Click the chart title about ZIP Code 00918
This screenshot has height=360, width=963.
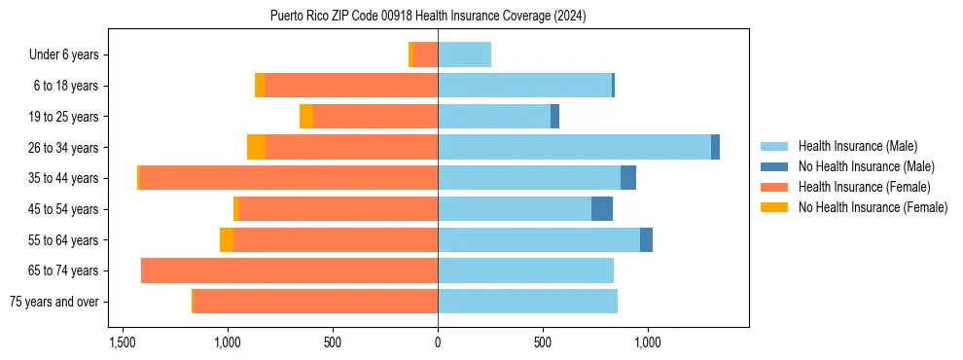click(428, 16)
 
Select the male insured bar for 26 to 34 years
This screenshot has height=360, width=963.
click(574, 147)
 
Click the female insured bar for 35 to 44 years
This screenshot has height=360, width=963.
click(288, 178)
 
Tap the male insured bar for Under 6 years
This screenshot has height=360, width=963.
click(464, 54)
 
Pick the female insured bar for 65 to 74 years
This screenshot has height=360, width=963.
click(289, 270)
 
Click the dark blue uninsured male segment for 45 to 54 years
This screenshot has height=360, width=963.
click(602, 209)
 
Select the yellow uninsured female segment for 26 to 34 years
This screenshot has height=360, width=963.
click(256, 147)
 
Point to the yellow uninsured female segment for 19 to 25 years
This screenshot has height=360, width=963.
click(306, 117)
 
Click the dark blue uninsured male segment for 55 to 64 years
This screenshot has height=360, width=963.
click(646, 239)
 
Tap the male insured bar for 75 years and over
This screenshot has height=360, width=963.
click(527, 302)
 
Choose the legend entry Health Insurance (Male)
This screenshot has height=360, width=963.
click(857, 146)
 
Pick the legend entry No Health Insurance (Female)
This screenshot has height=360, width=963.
click(873, 207)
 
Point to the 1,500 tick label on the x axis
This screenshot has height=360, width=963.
click(123, 342)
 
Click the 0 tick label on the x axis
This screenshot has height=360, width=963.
click(438, 342)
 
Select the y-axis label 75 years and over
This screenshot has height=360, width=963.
click(54, 302)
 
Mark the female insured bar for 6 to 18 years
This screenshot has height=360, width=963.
click(351, 86)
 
